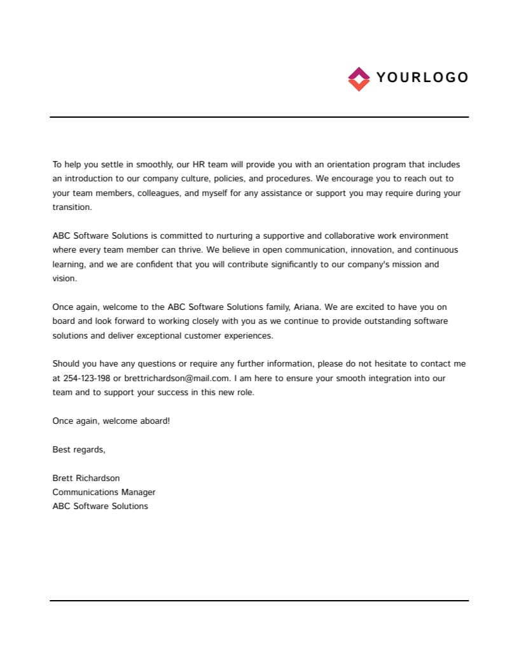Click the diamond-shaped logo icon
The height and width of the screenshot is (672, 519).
[359, 79]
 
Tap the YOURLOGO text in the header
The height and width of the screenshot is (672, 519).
[422, 78]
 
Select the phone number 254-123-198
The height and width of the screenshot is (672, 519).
[86, 378]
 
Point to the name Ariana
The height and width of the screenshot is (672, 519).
[306, 307]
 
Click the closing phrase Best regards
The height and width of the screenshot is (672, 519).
[78, 449]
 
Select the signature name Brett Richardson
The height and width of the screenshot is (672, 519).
[86, 478]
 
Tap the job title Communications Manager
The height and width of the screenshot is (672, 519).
[104, 492]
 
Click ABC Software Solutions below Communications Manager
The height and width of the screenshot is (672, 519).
[100, 506]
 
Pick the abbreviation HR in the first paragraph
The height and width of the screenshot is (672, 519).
[198, 164]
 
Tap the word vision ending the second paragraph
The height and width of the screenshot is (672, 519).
[64, 278]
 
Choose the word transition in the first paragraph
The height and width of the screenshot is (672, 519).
[72, 207]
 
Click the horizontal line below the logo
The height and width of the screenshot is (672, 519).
[259, 117]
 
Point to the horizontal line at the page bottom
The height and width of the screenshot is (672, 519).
[259, 600]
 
